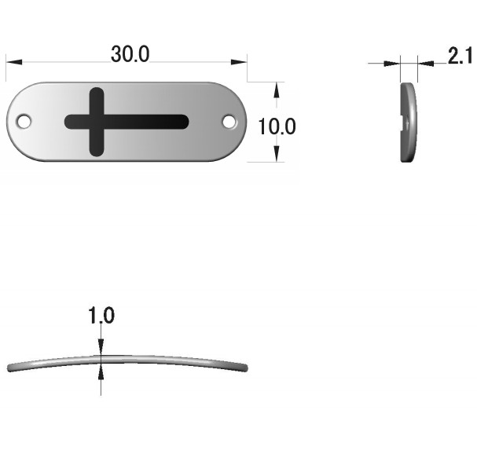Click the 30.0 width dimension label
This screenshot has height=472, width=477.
[x=130, y=54]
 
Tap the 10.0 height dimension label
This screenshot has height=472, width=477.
[x=277, y=126]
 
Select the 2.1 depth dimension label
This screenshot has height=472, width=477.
[x=460, y=55]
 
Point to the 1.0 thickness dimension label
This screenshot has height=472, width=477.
[x=101, y=315]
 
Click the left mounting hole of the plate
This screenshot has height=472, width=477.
[x=24, y=121]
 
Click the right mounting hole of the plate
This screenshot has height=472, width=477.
[x=229, y=121]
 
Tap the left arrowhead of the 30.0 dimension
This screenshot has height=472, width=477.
[x=14, y=62]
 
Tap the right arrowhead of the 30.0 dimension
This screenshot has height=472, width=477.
[x=239, y=62]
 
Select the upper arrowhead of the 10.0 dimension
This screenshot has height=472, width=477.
[x=277, y=90]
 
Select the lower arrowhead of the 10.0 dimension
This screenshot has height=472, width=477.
[x=277, y=154]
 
